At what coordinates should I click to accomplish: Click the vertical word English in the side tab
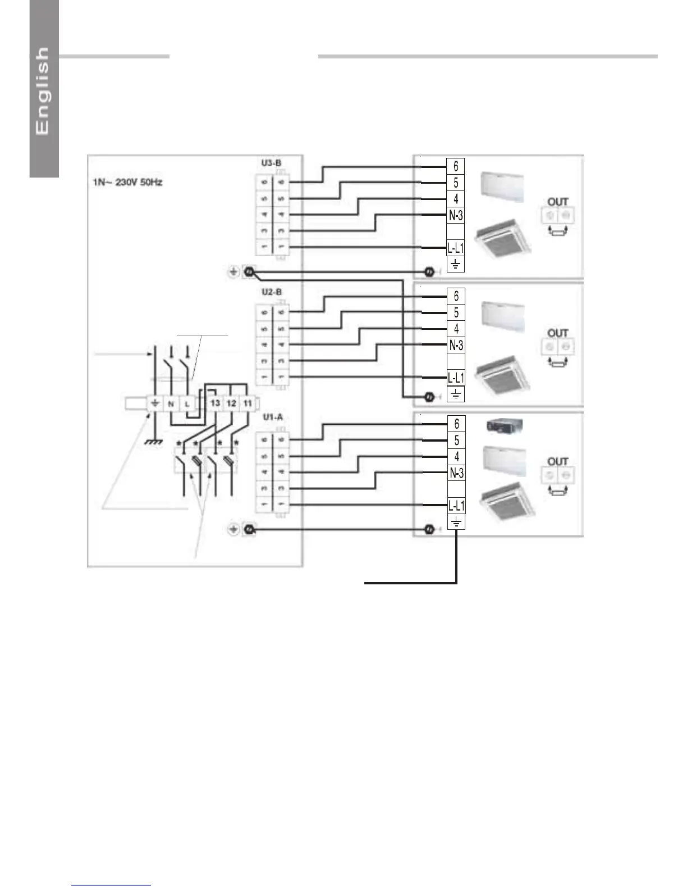point(43,90)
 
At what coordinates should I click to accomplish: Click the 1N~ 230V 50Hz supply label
point(127,183)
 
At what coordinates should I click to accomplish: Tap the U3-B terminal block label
point(271,163)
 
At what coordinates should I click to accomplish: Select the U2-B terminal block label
point(272,292)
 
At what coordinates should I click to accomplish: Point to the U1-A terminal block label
point(273,417)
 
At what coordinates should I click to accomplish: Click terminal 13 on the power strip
point(215,403)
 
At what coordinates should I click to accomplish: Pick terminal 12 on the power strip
point(231,403)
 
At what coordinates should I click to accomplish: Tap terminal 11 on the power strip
point(248,403)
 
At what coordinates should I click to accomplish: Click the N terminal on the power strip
point(171,403)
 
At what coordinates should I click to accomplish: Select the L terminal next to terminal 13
point(187,403)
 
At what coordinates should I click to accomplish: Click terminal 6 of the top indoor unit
point(456,166)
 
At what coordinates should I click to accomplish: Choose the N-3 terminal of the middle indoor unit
point(456,346)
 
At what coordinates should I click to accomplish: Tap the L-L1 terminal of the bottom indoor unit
point(456,506)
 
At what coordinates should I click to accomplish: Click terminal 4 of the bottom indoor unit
point(456,457)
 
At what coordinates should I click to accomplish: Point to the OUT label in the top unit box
point(558,202)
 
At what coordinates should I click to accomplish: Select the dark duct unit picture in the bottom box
point(504,426)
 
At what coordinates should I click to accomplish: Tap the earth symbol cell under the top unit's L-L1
point(456,264)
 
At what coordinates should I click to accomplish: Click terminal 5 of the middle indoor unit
point(456,312)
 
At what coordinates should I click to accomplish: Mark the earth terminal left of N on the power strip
point(154,403)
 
